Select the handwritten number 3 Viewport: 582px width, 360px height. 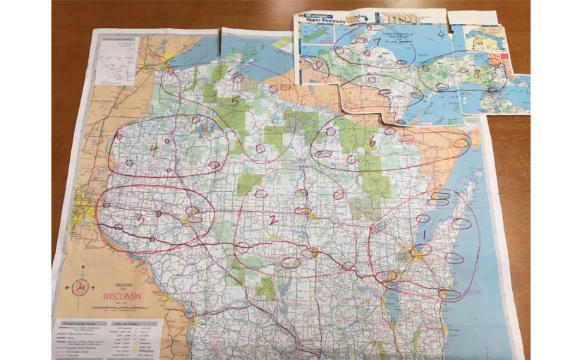coord(140,220)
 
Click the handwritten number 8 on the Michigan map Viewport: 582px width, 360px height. coord(477,73)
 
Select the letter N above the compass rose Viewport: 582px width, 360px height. coord(83,267)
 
